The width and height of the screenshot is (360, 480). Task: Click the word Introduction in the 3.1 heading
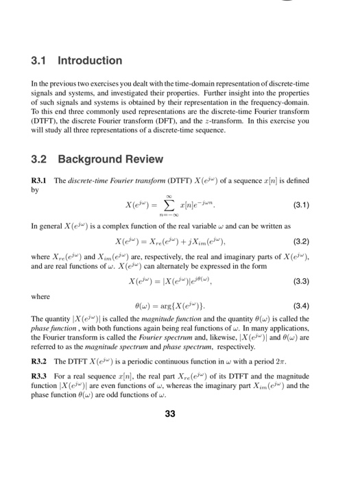point(90,60)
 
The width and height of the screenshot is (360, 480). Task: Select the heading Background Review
point(110,159)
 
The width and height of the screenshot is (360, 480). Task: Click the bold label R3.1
point(41,181)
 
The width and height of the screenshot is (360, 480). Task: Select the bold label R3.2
point(41,361)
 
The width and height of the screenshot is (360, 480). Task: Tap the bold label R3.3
point(41,377)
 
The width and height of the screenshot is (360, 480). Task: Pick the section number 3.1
point(40,60)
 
